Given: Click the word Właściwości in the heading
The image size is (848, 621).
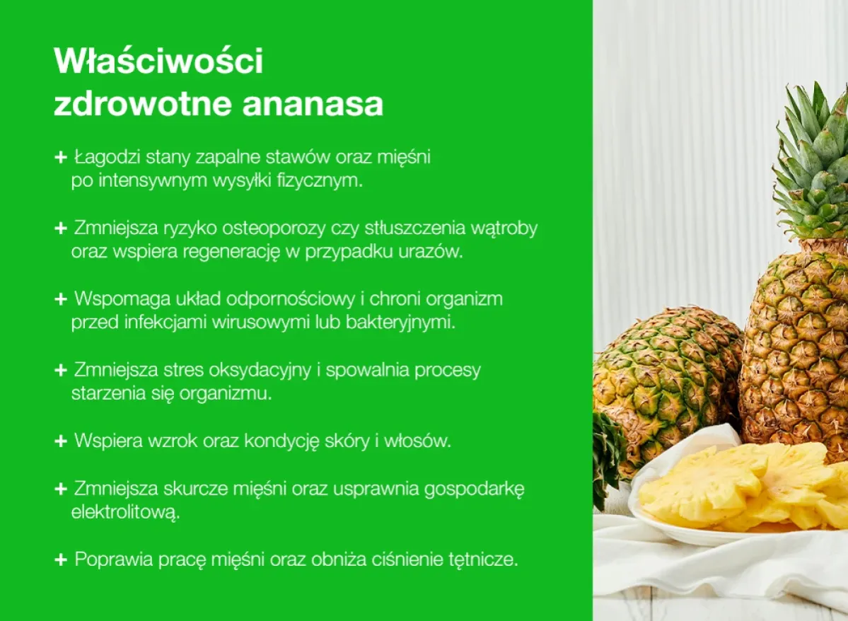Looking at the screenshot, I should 158,62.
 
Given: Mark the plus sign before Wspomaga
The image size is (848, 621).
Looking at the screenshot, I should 60,299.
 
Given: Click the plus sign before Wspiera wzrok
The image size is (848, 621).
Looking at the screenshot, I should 60,441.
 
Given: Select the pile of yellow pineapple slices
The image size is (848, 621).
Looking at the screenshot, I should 743,488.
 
